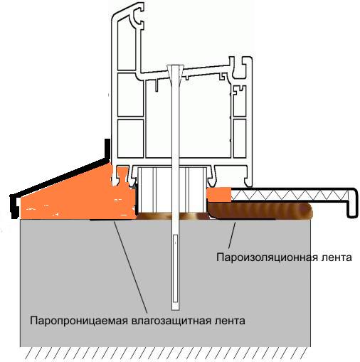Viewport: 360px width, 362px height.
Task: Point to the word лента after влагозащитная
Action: click(230, 321)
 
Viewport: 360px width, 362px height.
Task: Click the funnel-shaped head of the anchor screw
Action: click(176, 74)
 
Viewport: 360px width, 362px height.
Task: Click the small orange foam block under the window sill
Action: click(218, 195)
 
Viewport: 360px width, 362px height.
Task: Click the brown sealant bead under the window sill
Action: click(260, 211)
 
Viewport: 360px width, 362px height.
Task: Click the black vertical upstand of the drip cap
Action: click(107, 150)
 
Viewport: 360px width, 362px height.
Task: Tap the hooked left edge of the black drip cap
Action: click(14, 206)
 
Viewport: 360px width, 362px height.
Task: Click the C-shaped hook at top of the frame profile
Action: click(137, 16)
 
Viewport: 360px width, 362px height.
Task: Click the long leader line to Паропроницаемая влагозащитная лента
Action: click(130, 267)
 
